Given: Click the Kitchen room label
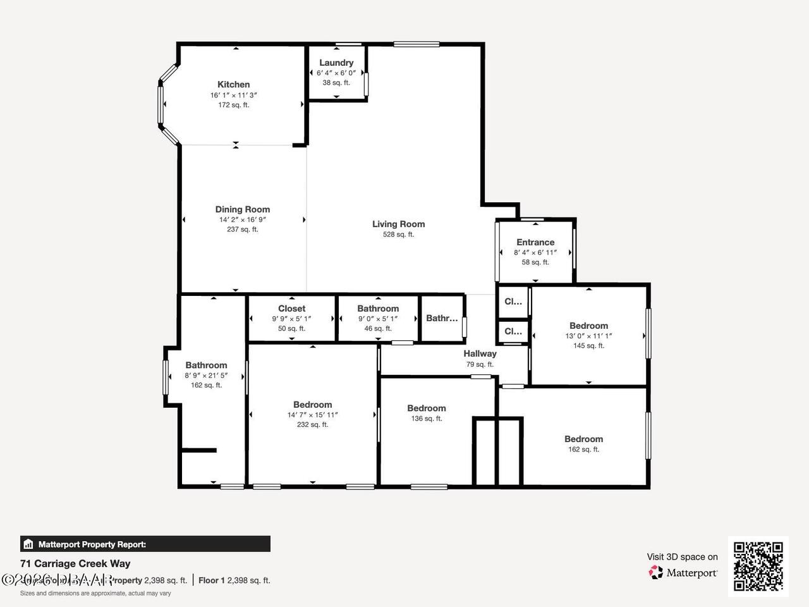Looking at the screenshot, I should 233,85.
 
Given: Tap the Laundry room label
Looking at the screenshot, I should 336,63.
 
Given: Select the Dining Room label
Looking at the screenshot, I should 242,209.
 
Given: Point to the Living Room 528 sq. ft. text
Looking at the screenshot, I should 398,235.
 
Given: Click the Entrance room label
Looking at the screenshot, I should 535,242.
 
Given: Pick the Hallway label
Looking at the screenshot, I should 480,354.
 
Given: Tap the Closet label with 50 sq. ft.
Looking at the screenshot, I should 291,309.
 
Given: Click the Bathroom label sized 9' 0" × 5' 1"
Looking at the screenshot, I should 378,309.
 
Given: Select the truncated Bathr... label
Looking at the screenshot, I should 441,318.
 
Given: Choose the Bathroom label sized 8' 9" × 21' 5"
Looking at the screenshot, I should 206,365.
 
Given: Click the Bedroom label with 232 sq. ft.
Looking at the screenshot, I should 312,405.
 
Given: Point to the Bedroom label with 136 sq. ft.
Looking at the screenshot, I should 426,408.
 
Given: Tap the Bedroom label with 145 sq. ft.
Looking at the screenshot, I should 588,326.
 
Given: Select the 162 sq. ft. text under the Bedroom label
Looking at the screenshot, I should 583,450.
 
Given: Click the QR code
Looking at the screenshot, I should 758,566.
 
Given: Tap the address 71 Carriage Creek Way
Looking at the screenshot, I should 75,563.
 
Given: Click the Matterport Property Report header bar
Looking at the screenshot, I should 145,544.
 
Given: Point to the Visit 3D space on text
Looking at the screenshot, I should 682,557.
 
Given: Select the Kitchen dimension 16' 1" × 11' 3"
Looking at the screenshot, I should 233,95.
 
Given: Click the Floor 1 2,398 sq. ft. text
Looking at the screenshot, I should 234,580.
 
